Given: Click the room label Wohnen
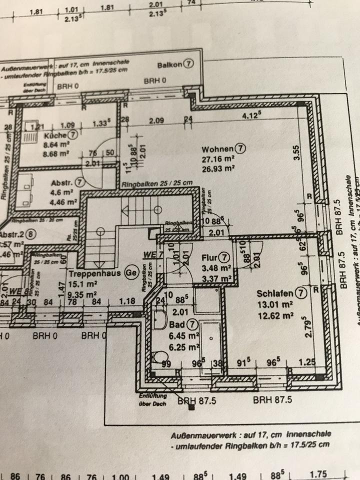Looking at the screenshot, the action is pos(217,149).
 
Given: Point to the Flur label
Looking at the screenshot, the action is pos(208,258).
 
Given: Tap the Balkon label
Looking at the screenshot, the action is pos(168,65).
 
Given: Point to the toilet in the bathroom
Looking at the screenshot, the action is pos(159,357).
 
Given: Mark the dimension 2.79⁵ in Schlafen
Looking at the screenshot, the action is pos(306,331).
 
